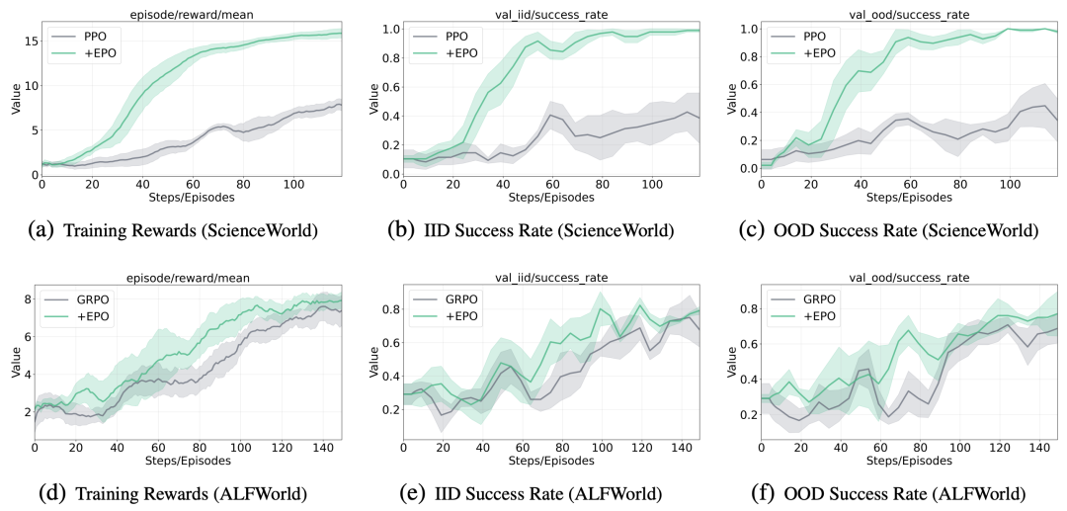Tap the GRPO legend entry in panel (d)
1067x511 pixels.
coord(75,298)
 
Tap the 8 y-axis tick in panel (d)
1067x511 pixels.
coord(29,298)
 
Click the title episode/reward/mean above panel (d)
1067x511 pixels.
coord(188,277)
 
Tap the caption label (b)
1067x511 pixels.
coord(399,230)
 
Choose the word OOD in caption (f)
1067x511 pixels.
coord(801,492)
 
